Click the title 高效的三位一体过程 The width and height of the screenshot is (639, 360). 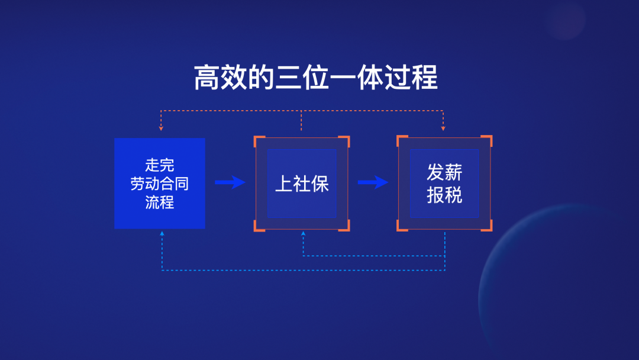(316, 77)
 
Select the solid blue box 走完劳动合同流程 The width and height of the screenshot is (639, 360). (160, 184)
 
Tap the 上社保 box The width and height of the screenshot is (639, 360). (302, 184)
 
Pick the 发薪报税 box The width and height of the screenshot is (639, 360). (444, 184)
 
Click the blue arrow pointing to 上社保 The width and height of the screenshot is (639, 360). (230, 182)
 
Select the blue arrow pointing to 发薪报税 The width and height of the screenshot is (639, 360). (373, 182)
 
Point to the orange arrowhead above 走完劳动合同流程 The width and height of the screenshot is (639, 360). (161, 128)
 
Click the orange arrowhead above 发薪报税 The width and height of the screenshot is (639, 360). (443, 128)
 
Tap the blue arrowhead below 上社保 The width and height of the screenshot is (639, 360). (303, 234)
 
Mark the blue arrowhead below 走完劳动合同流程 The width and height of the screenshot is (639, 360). (162, 234)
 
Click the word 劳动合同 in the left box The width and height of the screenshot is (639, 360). (160, 184)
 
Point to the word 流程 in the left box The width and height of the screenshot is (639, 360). (160, 202)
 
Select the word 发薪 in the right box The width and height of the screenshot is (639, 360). (444, 172)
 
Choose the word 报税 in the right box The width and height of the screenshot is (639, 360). (444, 195)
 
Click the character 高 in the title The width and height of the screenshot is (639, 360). (206, 77)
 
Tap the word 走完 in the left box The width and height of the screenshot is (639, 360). (160, 165)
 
